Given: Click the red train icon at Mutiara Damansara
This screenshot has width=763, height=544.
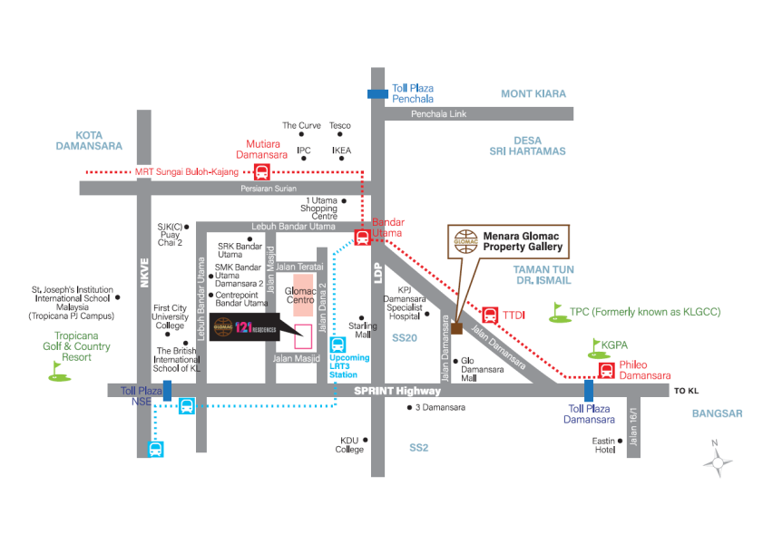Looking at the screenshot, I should (260, 171).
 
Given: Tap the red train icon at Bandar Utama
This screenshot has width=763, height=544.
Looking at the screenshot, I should (361, 238).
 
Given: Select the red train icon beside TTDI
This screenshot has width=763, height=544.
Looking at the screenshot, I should (489, 315).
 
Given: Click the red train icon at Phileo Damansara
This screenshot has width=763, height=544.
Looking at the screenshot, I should (606, 369).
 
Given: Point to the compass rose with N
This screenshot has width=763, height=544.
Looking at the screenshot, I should (718, 460).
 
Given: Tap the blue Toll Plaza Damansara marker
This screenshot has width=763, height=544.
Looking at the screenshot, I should (589, 390).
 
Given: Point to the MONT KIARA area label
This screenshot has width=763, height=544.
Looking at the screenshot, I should (533, 93).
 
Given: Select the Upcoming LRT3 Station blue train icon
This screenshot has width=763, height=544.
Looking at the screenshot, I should (337, 345).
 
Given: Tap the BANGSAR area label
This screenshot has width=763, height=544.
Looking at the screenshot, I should (717, 413).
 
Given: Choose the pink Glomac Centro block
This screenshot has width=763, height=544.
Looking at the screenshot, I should (303, 289).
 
